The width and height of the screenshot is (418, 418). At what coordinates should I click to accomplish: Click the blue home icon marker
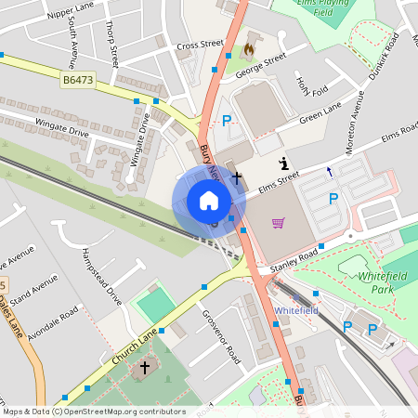pos(209,201)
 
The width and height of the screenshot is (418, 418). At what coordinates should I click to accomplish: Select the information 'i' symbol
pos(283,163)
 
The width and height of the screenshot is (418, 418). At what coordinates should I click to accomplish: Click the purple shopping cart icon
pos(278,222)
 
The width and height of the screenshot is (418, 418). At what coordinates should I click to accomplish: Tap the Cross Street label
pos(201,44)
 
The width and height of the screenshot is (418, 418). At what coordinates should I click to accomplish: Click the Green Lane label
pos(320,114)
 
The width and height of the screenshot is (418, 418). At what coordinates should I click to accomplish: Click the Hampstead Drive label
pos(102,276)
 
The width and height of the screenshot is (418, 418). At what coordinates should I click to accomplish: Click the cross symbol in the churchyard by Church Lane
pos(144,368)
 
